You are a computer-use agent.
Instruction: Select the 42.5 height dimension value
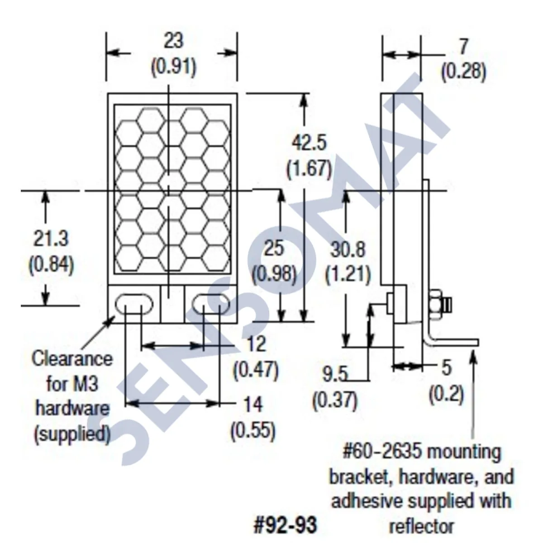point(309,143)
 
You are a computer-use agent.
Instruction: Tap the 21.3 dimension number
point(51,239)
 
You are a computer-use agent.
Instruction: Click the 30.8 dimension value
point(348,249)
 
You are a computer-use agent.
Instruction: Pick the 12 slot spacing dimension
point(256,345)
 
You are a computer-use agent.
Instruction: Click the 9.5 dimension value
point(335,375)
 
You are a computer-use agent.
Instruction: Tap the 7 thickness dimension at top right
point(463,46)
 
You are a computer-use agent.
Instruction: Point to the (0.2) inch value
point(447,394)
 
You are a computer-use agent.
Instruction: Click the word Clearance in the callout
point(72,359)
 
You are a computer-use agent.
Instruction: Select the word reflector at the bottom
point(421,527)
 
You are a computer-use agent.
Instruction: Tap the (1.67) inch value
point(309,169)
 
